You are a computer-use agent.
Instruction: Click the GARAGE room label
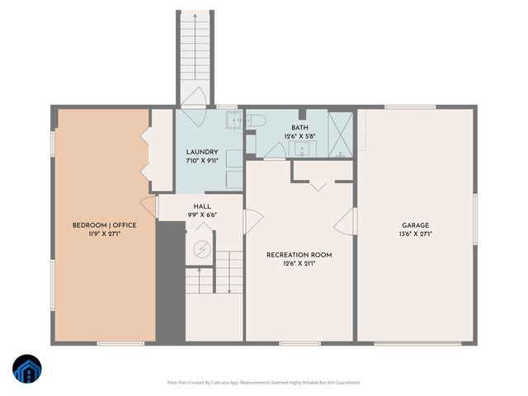416,225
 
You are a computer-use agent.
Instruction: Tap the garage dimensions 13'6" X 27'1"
416,234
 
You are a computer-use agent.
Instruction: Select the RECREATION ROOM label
299,255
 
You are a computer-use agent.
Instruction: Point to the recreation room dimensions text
299,264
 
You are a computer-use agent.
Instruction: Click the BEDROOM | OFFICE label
104,225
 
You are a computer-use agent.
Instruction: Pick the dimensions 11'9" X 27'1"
104,234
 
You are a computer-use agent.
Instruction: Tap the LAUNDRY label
202,152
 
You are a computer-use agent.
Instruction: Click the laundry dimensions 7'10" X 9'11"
202,161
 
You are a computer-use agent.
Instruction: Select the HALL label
202,206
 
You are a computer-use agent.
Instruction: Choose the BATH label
299,128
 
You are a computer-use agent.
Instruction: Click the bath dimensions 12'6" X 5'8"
299,136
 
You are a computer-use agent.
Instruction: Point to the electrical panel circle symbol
201,249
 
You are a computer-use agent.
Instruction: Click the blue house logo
28,370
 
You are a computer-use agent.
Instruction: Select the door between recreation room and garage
351,220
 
